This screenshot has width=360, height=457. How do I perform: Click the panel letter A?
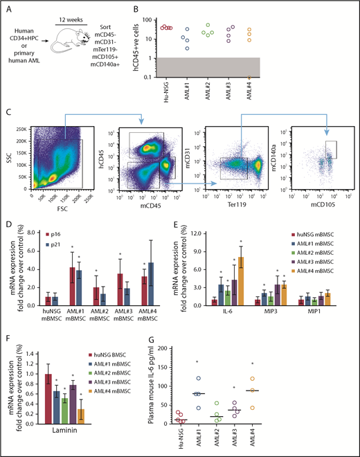[x=7, y=9]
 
